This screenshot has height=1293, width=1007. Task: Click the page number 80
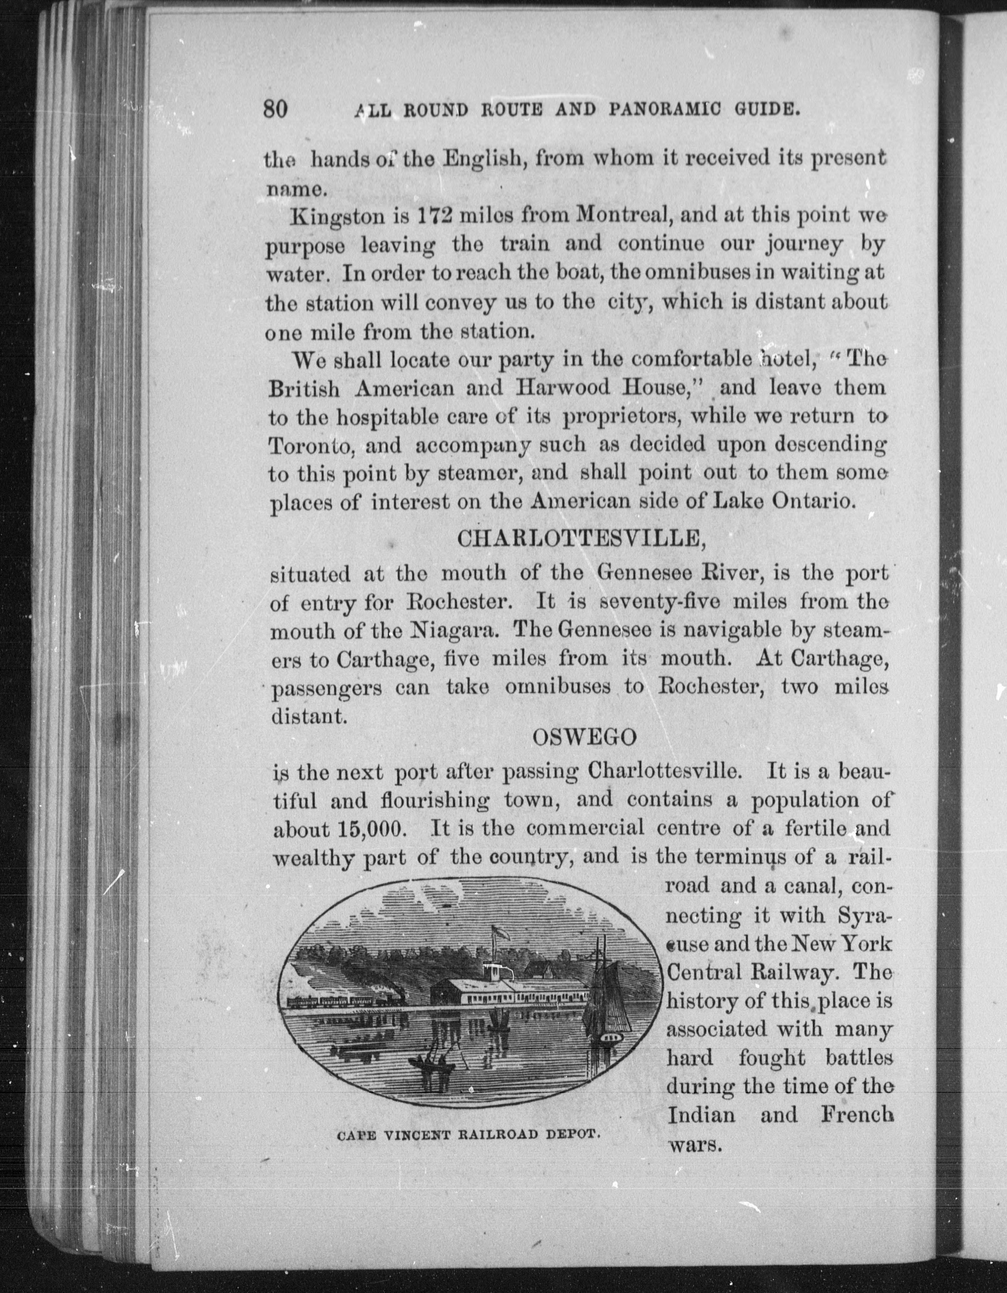click(x=275, y=109)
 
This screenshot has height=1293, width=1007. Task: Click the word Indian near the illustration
click(x=701, y=1116)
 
